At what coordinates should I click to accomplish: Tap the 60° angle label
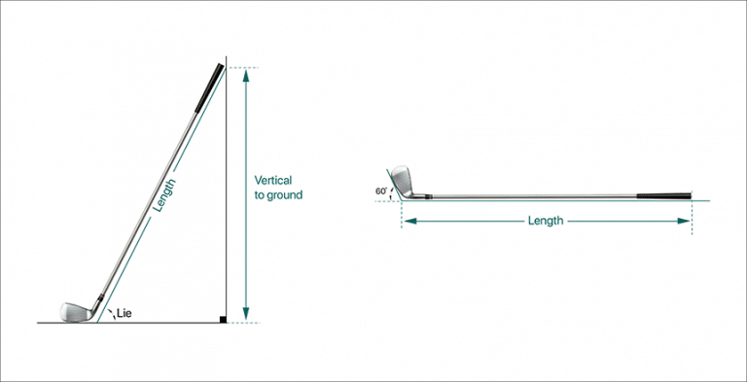click(381, 191)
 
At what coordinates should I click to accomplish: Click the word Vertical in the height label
click(272, 180)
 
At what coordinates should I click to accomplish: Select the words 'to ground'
click(278, 194)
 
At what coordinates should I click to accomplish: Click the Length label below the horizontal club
click(545, 221)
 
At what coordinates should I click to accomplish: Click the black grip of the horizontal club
click(664, 196)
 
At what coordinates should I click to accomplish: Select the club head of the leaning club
click(75, 311)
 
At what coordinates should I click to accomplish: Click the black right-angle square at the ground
click(223, 318)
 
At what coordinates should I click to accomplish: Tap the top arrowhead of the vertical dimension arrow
click(245, 76)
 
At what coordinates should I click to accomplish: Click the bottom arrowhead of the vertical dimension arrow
click(245, 313)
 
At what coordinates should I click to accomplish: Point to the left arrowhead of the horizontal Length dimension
click(408, 221)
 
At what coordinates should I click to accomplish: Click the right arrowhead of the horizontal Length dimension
click(687, 221)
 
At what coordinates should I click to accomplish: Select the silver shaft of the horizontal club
click(535, 197)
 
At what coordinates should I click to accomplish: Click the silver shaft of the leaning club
click(156, 194)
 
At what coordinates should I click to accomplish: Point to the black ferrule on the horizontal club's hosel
click(425, 197)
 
